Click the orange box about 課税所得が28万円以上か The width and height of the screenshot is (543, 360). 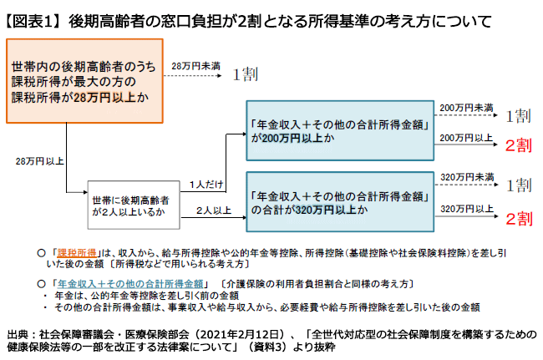click(x=84, y=81)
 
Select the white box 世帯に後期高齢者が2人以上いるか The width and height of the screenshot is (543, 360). click(x=134, y=205)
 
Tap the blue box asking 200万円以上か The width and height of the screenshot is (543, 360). click(x=340, y=130)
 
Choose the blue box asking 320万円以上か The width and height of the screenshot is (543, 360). click(x=340, y=202)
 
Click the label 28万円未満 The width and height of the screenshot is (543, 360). click(x=195, y=66)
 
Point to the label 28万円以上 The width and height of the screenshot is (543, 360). click(x=39, y=161)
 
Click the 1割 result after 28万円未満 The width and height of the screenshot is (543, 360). click(x=245, y=74)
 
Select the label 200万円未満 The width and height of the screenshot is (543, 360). click(x=466, y=108)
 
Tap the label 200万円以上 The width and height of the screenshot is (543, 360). click(x=466, y=138)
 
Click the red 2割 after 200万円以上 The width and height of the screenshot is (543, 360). click(x=519, y=145)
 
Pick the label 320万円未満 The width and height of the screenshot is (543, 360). click(x=467, y=177)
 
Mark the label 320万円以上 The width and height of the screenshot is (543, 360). click(x=467, y=209)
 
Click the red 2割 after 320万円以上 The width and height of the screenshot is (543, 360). click(x=519, y=219)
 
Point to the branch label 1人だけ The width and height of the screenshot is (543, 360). click(x=206, y=185)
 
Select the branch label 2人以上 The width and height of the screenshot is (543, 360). click(x=213, y=210)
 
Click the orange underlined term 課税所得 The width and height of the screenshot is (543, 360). click(x=77, y=253)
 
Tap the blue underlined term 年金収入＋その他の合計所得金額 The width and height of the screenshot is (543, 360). click(x=130, y=284)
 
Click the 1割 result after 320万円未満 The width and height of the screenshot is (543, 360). click(x=519, y=185)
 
